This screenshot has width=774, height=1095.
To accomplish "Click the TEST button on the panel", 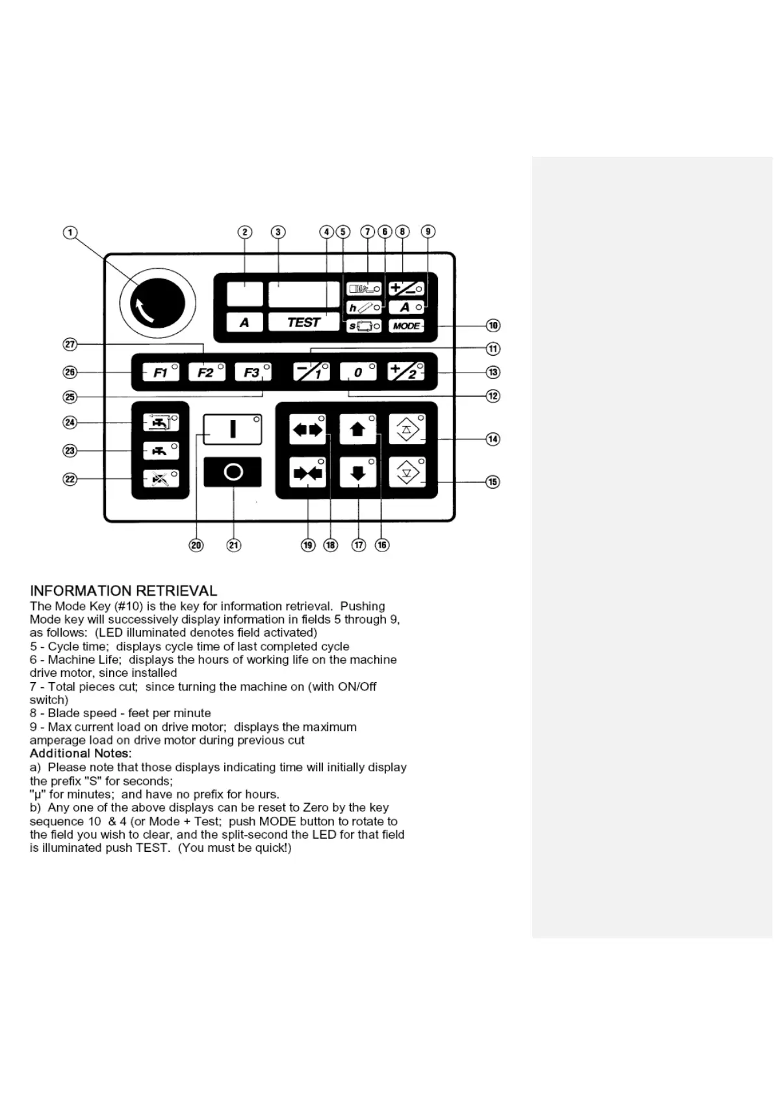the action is (x=303, y=322).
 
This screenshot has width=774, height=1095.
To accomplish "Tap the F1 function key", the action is (x=161, y=373).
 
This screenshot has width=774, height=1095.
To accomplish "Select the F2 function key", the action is (x=206, y=373).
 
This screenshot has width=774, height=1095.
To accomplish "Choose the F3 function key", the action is (x=252, y=373).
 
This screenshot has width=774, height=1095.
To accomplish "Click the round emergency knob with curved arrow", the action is (x=157, y=304).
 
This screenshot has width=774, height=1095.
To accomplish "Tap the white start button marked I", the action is (x=233, y=429).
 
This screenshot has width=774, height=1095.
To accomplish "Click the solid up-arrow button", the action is (x=357, y=429).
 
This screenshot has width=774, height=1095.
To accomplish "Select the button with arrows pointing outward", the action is (x=307, y=429).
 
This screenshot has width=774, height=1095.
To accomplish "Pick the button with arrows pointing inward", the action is (x=307, y=473).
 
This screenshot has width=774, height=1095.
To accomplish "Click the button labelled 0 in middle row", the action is (x=357, y=372).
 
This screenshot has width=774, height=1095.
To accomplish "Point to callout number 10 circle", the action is (x=493, y=325).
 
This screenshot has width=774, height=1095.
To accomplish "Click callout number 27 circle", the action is (x=70, y=344).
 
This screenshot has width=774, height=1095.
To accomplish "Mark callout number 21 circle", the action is (x=234, y=545).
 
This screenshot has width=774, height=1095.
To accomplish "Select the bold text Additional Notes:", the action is (x=81, y=754).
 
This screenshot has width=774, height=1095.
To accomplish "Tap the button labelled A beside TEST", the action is (x=244, y=322).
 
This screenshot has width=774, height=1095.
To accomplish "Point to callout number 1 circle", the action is (x=70, y=233).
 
